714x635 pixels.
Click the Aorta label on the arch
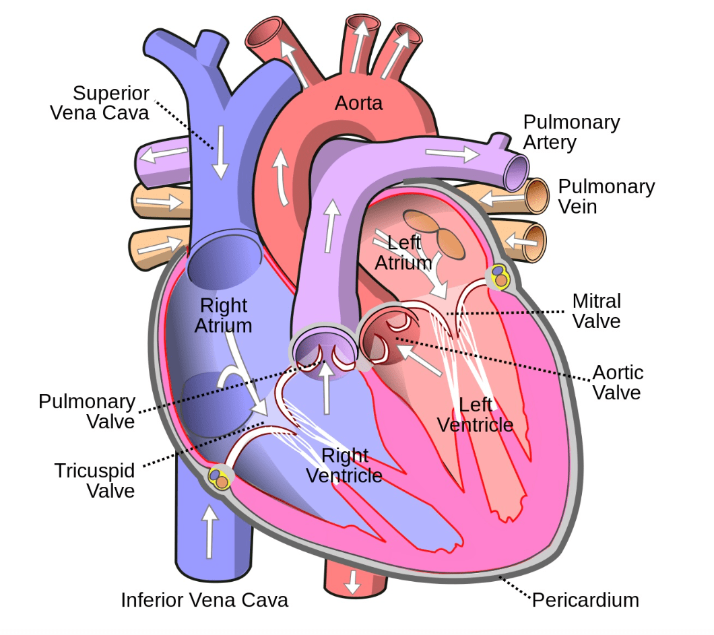tap(358, 103)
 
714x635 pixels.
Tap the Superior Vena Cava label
tap(100, 103)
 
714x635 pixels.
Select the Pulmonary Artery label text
tap(571, 132)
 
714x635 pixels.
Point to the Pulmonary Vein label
tap(606, 197)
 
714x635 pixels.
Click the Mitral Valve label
tap(597, 311)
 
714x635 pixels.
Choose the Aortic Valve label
tap(618, 382)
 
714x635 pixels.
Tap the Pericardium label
tap(585, 601)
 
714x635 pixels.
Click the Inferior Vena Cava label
tap(205, 600)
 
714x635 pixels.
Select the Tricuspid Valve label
tap(95, 481)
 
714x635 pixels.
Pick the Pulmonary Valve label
tap(87, 411)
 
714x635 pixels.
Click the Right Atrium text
tap(223, 315)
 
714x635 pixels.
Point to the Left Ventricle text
tap(476, 415)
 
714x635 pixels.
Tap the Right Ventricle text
tap(344, 465)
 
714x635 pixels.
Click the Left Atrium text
tap(403, 253)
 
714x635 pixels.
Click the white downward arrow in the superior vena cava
tap(220, 153)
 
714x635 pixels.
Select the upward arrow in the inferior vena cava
tap(209, 531)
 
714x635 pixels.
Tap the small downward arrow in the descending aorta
tap(352, 581)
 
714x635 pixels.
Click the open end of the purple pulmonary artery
tap(517, 173)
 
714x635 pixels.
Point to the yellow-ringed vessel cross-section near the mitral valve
tap(500, 276)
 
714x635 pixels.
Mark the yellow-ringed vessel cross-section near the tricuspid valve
tap(219, 477)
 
